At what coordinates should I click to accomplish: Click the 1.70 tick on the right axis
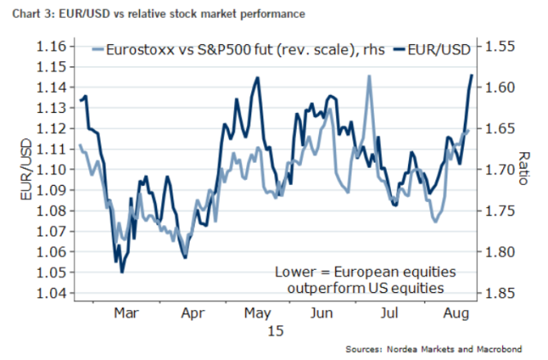click(500, 170)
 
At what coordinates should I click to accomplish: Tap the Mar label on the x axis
click(126, 312)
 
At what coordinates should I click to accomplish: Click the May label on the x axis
click(257, 312)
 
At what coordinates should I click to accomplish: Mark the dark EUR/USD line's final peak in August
click(472, 75)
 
